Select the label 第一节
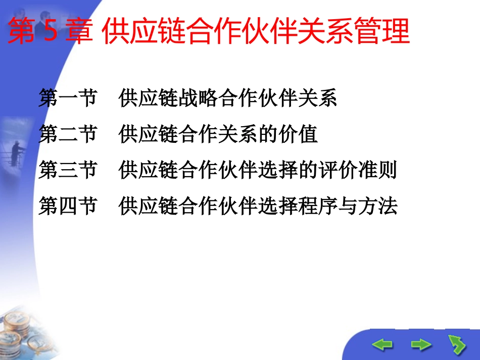68,98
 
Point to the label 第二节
68,135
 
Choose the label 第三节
68,171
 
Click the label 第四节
68,207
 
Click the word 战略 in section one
199,98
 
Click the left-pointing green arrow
382,345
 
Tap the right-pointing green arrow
421,345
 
